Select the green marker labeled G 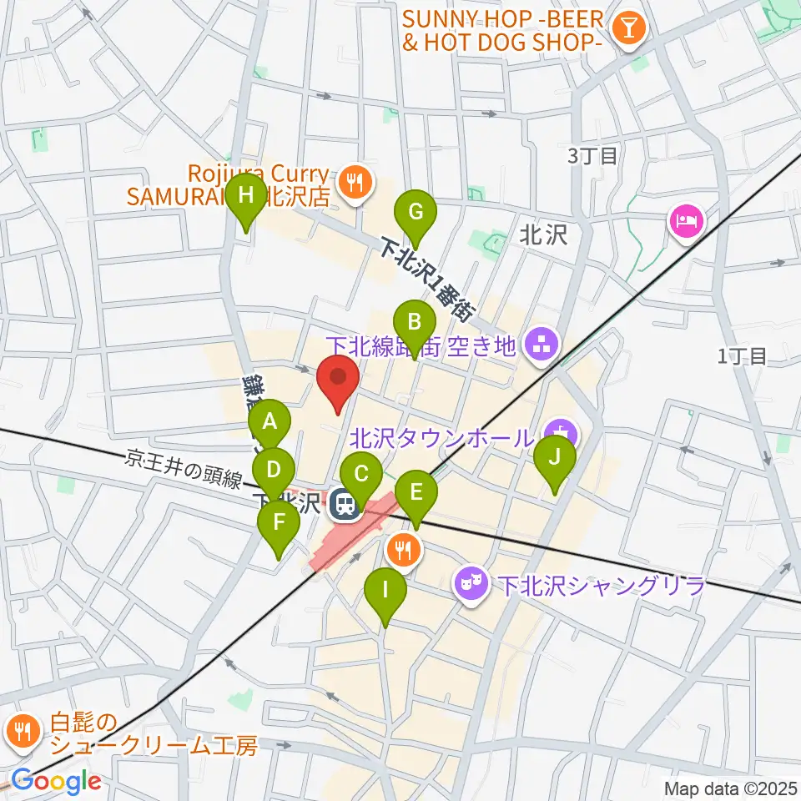pyautogui.click(x=415, y=212)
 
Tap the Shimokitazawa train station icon pyautogui.click(x=341, y=504)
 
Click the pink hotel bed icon pyautogui.click(x=687, y=221)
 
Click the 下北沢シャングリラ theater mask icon pyautogui.click(x=470, y=582)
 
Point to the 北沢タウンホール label pyautogui.click(x=441, y=437)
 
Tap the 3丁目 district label pyautogui.click(x=592, y=155)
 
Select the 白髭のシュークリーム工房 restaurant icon pyautogui.click(x=20, y=732)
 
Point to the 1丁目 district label pyautogui.click(x=742, y=356)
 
